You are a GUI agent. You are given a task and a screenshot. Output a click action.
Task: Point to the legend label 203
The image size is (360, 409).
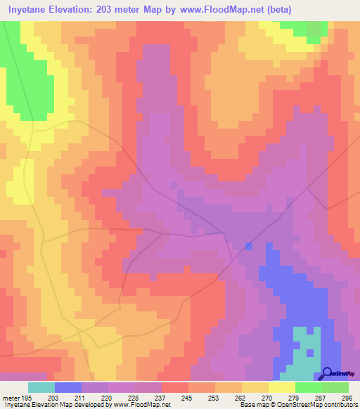[x=52, y=397]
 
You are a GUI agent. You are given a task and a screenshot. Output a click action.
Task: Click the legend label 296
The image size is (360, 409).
[x=345, y=397]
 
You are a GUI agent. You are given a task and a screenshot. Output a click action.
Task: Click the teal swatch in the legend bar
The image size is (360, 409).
[x=41, y=387]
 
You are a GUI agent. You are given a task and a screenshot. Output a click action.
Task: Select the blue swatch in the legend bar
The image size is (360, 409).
[x=68, y=387]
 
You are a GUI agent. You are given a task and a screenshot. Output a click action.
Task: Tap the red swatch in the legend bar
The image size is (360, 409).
[x=174, y=387]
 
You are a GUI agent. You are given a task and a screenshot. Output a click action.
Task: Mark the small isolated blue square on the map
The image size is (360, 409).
[x=248, y=246]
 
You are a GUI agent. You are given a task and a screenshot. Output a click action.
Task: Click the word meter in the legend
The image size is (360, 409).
[x=11, y=397]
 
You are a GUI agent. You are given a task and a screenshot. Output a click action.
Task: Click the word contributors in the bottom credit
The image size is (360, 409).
[x=338, y=405]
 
